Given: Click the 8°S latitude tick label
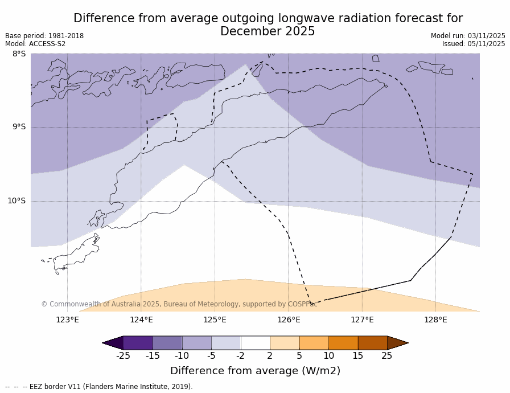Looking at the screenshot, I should coord(19,54).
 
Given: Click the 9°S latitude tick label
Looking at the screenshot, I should coord(19,127).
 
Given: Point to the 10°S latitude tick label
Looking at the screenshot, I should coord(17,201).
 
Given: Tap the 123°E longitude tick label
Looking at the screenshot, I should coord(67,320).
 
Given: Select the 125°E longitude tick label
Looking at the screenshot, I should coord(215,320).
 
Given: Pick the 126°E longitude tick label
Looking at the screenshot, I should coord(289,320).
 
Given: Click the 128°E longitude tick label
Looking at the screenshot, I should coord(435,320).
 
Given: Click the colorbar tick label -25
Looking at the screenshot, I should coord(123,356).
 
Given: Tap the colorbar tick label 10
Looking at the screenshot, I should coord(328,356).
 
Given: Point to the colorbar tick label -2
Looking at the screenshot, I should coord(240,356).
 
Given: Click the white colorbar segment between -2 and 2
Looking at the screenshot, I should coord(255,343).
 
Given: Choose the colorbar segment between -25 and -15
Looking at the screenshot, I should coord(138,343).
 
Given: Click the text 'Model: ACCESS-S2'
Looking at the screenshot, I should coord(35,44).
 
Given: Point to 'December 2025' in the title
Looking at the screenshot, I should coord(268,32).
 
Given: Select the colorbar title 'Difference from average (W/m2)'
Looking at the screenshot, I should coord(255,371).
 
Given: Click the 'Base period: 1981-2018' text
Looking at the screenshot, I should coord(44,36).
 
